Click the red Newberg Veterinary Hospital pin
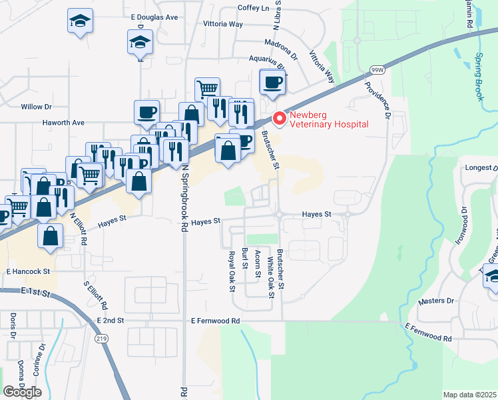pos(280,119)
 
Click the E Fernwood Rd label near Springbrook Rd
pos(214,321)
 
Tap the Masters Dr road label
pos(436,301)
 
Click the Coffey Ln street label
pos(253,8)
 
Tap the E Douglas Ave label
pos(154,17)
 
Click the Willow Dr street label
pos(36,107)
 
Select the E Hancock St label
pos(29,272)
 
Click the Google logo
pos(23,391)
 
